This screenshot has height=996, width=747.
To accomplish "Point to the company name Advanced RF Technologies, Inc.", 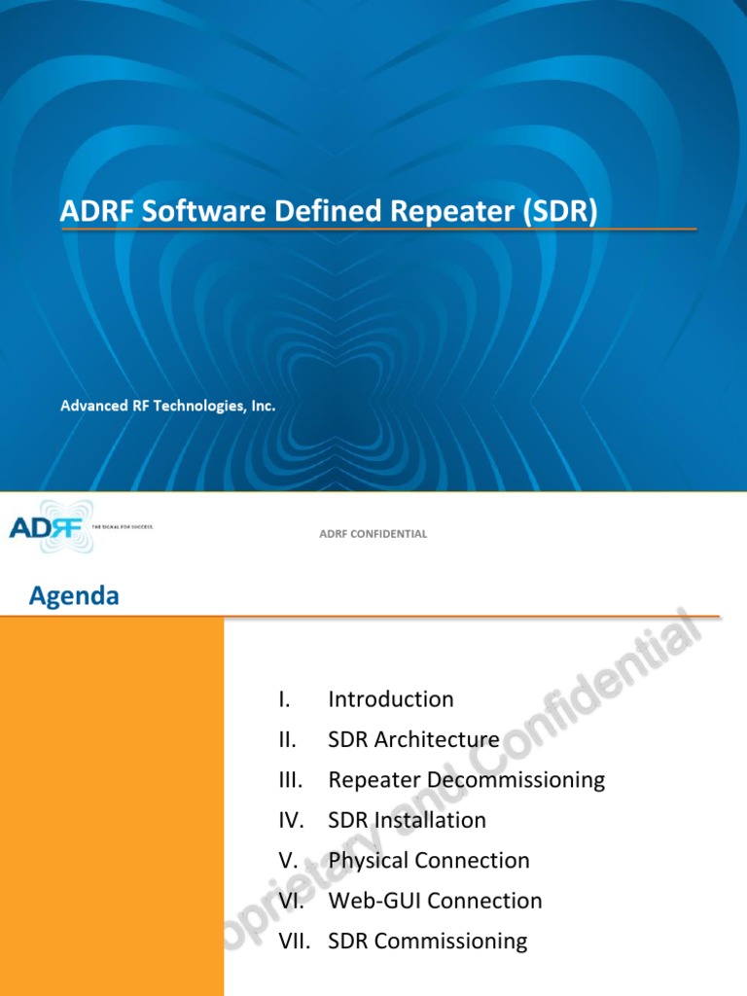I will [168, 406].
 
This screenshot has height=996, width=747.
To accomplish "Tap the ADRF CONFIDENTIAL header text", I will [373, 534].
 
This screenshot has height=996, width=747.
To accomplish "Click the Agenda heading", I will [74, 596].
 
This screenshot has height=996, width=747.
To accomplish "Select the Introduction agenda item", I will [391, 699].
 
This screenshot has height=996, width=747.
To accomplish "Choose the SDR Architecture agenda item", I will [414, 739].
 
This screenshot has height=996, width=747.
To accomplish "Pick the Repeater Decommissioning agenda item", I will [467, 780].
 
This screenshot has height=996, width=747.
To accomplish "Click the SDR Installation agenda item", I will [408, 820].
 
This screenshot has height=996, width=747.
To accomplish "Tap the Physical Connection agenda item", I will [429, 861].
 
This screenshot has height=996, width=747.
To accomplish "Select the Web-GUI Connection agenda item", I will [436, 901].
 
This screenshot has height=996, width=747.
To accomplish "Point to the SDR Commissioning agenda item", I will [428, 942].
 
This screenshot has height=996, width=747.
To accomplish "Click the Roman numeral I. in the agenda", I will [284, 699].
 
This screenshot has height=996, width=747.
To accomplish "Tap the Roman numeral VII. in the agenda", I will [295, 942].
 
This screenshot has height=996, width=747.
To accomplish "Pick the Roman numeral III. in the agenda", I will [290, 780].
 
